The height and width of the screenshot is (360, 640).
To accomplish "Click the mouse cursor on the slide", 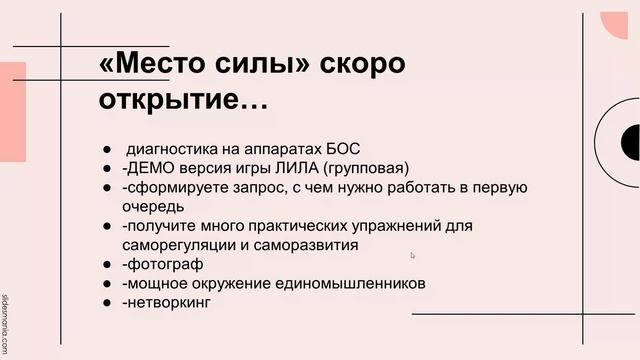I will (412, 255).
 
